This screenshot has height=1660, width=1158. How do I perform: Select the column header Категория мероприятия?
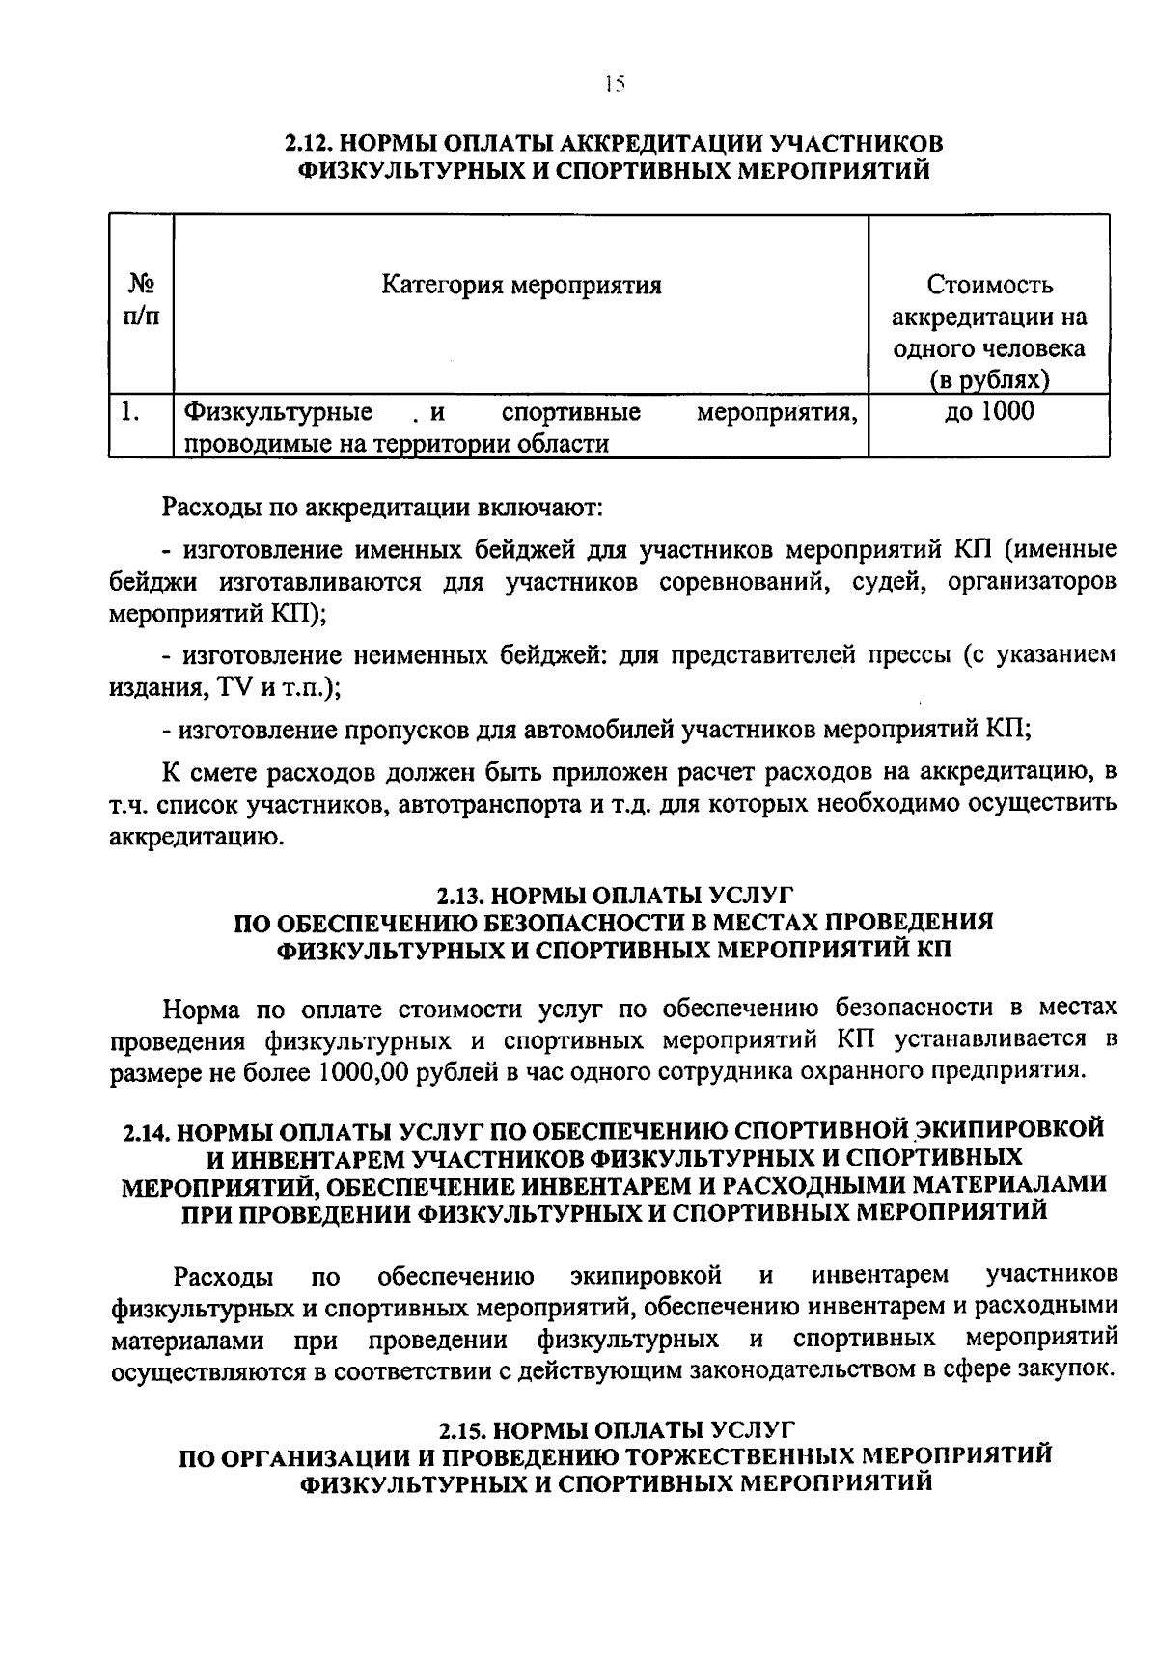pos(521,286)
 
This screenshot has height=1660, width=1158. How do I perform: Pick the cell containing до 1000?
pos(989,412)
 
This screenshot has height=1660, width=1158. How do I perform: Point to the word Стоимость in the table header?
pos(989,286)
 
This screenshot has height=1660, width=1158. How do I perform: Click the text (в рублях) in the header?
pos(989,379)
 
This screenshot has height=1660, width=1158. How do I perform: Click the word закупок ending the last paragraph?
pos(1069,1368)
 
